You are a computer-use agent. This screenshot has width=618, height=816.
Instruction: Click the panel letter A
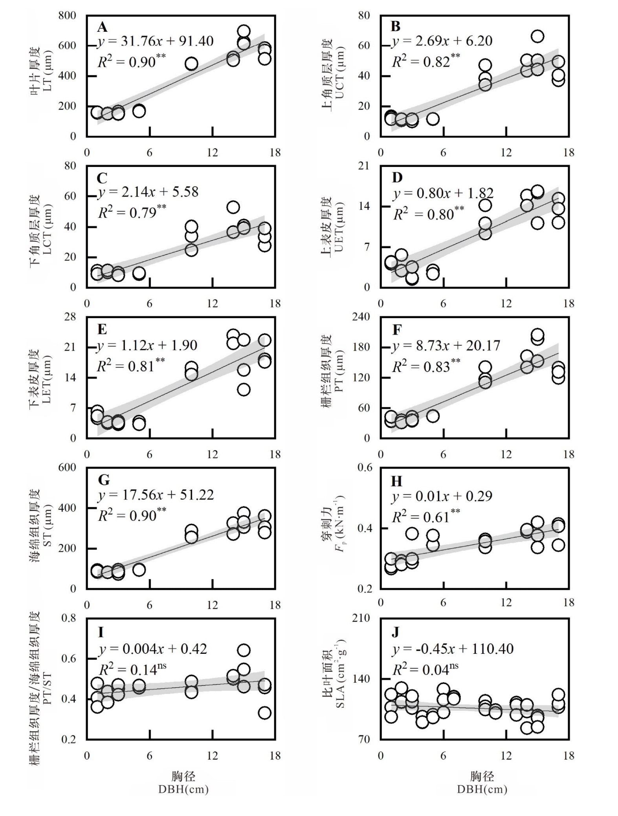[x=102, y=27]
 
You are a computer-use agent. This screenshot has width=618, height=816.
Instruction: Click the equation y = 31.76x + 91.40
[x=155, y=41]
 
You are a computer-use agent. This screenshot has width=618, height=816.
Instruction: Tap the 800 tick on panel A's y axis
[x=67, y=16]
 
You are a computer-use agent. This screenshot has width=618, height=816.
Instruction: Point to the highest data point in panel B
[x=537, y=37]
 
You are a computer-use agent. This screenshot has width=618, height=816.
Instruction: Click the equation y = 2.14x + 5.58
[x=148, y=192]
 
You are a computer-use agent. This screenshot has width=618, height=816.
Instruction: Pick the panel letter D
[x=397, y=178]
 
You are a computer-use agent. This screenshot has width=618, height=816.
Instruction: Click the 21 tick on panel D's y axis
[x=364, y=166]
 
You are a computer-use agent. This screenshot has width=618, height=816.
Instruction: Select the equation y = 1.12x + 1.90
[x=147, y=345]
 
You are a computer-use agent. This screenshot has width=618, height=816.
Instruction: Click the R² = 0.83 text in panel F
[x=426, y=365]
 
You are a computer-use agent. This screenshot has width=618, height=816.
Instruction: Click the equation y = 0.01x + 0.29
[x=442, y=496]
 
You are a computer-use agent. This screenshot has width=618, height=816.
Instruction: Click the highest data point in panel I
[x=244, y=650]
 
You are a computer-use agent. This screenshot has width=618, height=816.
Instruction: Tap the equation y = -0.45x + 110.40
[x=453, y=649]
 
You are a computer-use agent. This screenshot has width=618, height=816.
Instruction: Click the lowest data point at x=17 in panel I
[x=265, y=713]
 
